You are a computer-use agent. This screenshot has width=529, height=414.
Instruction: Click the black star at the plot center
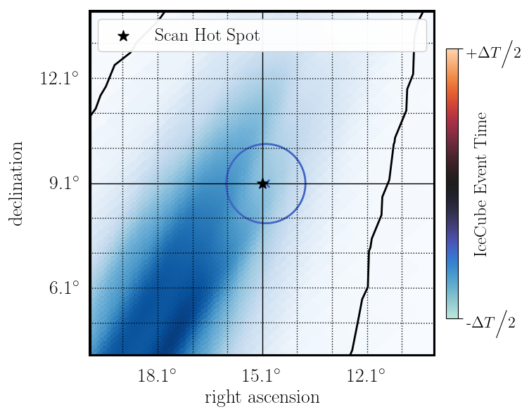coord(262,183)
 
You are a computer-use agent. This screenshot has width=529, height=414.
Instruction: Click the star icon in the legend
coord(124,35)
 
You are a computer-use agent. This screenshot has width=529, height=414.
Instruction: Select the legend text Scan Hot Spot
coord(207,35)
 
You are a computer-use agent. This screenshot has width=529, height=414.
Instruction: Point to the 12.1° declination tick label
coord(59,78)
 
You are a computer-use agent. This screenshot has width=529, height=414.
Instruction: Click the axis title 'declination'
coord(16,183)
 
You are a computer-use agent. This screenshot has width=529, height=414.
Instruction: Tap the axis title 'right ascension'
coord(262,398)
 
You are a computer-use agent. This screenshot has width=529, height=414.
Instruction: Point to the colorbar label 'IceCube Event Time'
coord(481,183)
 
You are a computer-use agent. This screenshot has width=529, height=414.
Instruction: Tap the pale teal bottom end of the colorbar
coord(452,313)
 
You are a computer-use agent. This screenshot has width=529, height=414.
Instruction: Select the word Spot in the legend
coord(244,36)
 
